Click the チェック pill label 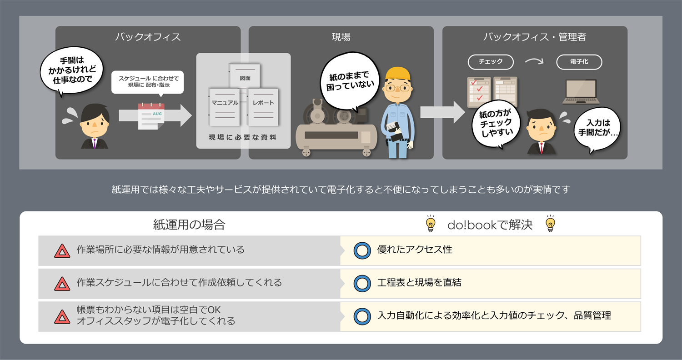click(x=491, y=62)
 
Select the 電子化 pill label click(x=579, y=62)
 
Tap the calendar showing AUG click(x=151, y=116)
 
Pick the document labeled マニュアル click(x=225, y=107)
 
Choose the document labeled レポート click(x=263, y=107)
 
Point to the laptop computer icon click(x=581, y=92)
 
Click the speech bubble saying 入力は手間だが click(x=597, y=129)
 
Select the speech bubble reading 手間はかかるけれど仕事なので click(x=72, y=70)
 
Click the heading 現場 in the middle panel click(x=341, y=37)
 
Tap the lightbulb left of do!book click(x=431, y=224)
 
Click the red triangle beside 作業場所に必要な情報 click(x=62, y=251)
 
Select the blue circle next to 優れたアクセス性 click(x=362, y=250)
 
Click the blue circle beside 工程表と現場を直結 click(x=362, y=283)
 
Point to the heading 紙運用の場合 click(x=189, y=225)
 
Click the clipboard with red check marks click(x=479, y=92)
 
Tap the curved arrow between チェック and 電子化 click(x=534, y=61)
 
